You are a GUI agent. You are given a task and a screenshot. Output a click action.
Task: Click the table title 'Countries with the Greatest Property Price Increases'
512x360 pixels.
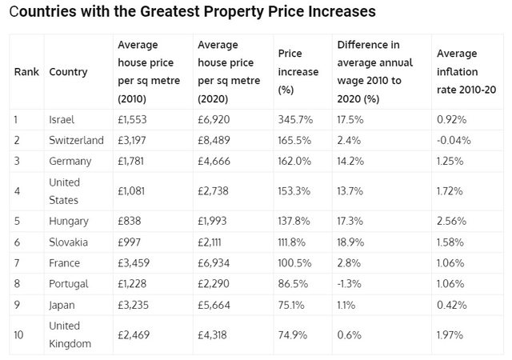pos(192,13)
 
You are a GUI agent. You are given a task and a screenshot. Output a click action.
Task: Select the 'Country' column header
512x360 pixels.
pos(68,72)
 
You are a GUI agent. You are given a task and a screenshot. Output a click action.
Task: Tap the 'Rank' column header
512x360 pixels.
pos(26,72)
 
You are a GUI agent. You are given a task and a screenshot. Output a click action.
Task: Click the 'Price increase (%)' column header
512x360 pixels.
pos(298,72)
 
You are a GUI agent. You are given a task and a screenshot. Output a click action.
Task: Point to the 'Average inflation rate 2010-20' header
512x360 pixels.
pos(467,72)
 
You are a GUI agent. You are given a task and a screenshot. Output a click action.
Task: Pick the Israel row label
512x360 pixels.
pos(62,119)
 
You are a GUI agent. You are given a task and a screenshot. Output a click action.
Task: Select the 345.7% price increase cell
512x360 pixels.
pos(295,119)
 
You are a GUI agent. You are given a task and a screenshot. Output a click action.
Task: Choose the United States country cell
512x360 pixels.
pos(64,191)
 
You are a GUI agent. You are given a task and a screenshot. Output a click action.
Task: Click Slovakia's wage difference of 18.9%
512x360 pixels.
pos(351,242)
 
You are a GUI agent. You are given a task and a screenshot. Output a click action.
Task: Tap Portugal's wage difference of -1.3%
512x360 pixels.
pos(350,283)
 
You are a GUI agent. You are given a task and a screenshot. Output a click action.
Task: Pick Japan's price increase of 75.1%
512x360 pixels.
pos(292,304)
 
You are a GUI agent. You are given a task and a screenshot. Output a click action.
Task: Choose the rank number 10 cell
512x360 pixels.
pos(19,334)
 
